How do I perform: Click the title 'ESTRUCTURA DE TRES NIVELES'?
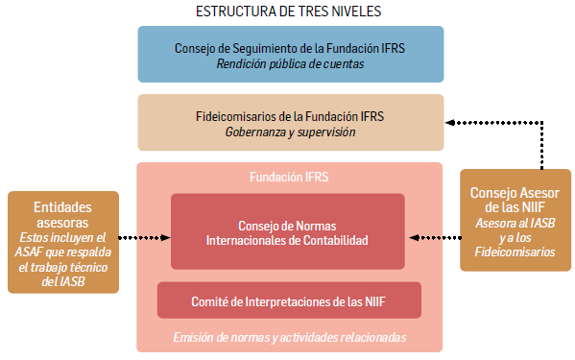click(287, 12)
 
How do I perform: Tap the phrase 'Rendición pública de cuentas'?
click(289, 64)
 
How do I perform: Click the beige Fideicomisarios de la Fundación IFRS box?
click(290, 122)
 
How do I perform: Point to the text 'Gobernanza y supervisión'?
click(289, 132)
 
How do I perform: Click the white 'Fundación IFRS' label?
click(289, 177)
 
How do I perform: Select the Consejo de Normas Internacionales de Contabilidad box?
click(288, 231)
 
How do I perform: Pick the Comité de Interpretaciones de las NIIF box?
click(289, 300)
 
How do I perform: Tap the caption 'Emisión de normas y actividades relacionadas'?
click(289, 337)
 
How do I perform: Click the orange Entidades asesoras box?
click(61, 242)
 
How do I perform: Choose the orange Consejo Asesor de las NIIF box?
click(513, 220)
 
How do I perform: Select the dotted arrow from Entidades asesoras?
click(144, 235)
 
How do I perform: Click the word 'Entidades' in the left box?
click(62, 206)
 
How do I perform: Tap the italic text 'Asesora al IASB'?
click(514, 224)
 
